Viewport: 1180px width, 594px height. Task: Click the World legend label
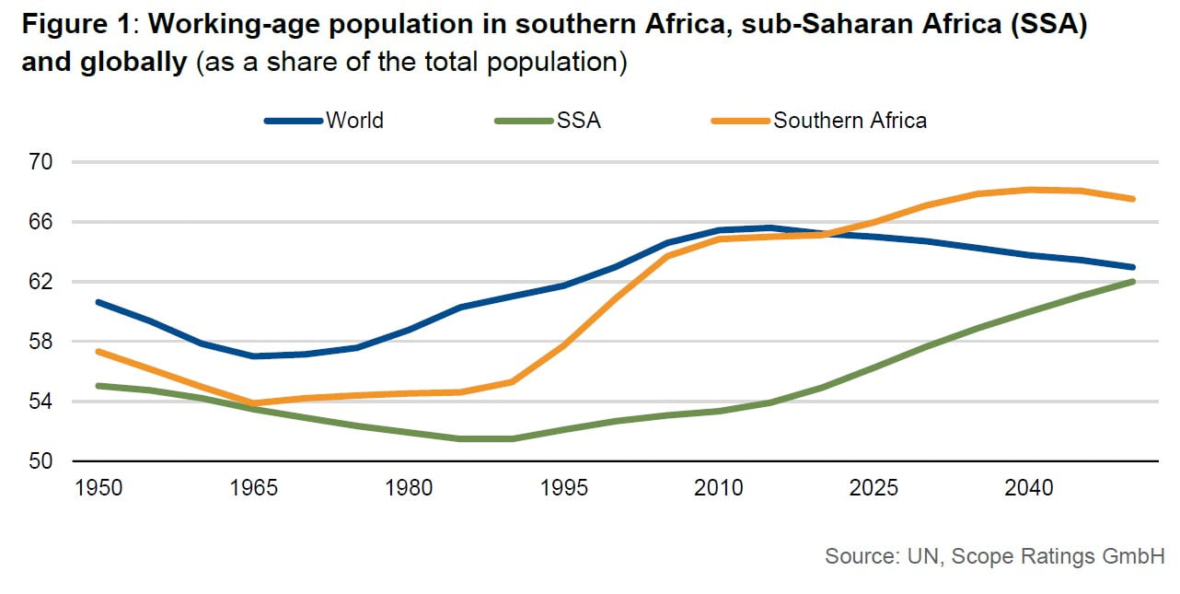pos(354,121)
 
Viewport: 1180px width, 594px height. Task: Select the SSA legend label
pos(578,121)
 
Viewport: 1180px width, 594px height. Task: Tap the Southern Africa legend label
pos(850,121)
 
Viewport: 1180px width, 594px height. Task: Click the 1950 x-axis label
pos(98,488)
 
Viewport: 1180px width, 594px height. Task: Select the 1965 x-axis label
pos(254,488)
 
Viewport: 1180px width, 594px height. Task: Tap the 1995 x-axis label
pos(564,488)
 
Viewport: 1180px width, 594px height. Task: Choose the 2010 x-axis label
pos(719,488)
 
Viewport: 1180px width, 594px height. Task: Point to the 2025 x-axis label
pos(874,488)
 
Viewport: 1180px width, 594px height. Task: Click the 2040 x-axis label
pos(1029,488)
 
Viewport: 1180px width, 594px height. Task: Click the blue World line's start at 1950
pos(98,302)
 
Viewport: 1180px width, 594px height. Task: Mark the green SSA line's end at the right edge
pos(1132,282)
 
